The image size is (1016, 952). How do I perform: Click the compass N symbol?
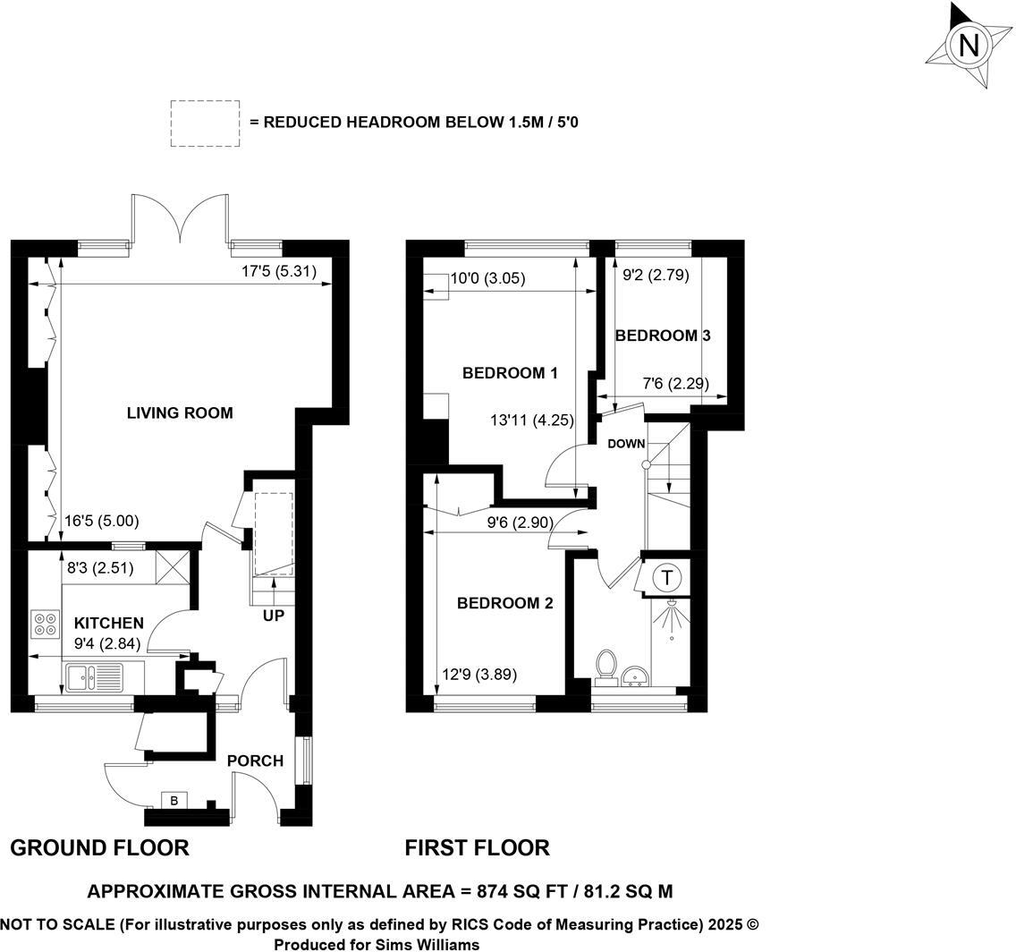click(x=969, y=45)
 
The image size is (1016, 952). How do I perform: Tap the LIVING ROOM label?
click(x=180, y=413)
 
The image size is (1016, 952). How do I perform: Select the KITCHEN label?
click(x=108, y=623)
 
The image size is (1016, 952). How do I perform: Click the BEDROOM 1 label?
click(x=510, y=373)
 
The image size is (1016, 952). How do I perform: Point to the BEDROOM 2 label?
click(x=504, y=604)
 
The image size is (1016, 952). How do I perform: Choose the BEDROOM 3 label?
click(x=663, y=336)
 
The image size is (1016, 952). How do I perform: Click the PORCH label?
click(x=255, y=761)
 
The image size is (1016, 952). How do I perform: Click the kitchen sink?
click(x=94, y=677)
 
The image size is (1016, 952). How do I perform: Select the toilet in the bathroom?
click(x=606, y=667)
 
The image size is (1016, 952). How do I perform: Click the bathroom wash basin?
click(x=637, y=676)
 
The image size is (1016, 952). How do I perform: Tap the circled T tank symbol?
click(x=667, y=578)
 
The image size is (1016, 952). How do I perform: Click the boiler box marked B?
click(x=174, y=800)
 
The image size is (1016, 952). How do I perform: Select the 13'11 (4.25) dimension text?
click(x=532, y=420)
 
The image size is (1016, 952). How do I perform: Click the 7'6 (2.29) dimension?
click(x=676, y=384)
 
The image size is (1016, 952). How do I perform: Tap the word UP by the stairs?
click(x=273, y=616)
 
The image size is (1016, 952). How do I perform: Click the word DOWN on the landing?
click(x=626, y=444)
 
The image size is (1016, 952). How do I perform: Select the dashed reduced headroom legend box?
click(x=205, y=123)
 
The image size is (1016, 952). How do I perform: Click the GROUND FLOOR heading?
click(x=99, y=847)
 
